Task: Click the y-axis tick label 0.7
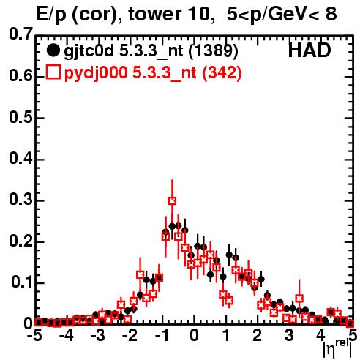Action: coord(20,34)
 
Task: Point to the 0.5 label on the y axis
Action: coord(20,117)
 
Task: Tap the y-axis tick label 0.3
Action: coord(20,199)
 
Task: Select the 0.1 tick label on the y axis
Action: coord(21,282)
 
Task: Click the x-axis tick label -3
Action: coord(97,335)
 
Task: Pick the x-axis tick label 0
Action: coord(194,335)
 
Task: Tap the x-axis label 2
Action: coord(258,335)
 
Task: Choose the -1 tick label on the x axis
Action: coord(162,335)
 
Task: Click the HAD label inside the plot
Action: coord(310,50)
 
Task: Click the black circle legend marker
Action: coord(53,50)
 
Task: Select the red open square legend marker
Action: coord(53,72)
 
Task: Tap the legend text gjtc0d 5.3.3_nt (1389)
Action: coord(151,51)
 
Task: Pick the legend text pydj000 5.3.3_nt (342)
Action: coord(153,73)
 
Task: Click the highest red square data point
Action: coord(172,201)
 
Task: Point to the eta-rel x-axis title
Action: coord(337,349)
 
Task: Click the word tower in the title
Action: coord(154,15)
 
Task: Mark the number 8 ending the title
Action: coord(331,14)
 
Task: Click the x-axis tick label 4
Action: coord(320,335)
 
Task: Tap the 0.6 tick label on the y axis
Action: coord(20,75)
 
